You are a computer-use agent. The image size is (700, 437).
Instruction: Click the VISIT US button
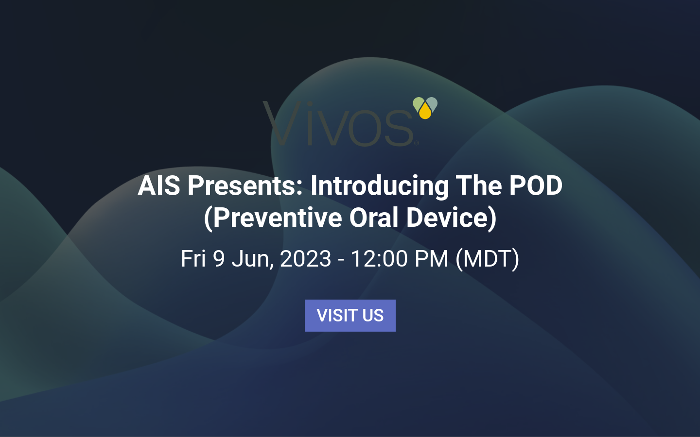coord(350,316)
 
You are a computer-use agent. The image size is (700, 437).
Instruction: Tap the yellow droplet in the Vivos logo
coord(425,112)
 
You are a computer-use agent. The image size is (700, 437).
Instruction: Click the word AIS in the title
coord(159,185)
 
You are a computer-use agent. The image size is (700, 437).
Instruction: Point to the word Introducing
coord(380,185)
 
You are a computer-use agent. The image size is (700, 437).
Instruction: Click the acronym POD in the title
coord(536,185)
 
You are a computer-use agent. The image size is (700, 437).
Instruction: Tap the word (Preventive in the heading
coord(273,218)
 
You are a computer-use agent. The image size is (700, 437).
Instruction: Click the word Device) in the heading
coord(451,218)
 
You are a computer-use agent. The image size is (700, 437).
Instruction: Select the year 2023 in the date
coord(306,259)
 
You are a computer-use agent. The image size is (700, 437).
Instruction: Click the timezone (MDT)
coord(487,259)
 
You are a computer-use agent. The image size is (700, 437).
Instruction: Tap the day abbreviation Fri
coord(193,259)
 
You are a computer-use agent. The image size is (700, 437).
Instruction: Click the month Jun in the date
coord(252,259)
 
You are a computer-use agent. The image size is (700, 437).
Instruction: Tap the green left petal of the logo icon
coord(419,103)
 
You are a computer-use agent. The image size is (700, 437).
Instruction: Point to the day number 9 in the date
coord(219,259)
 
